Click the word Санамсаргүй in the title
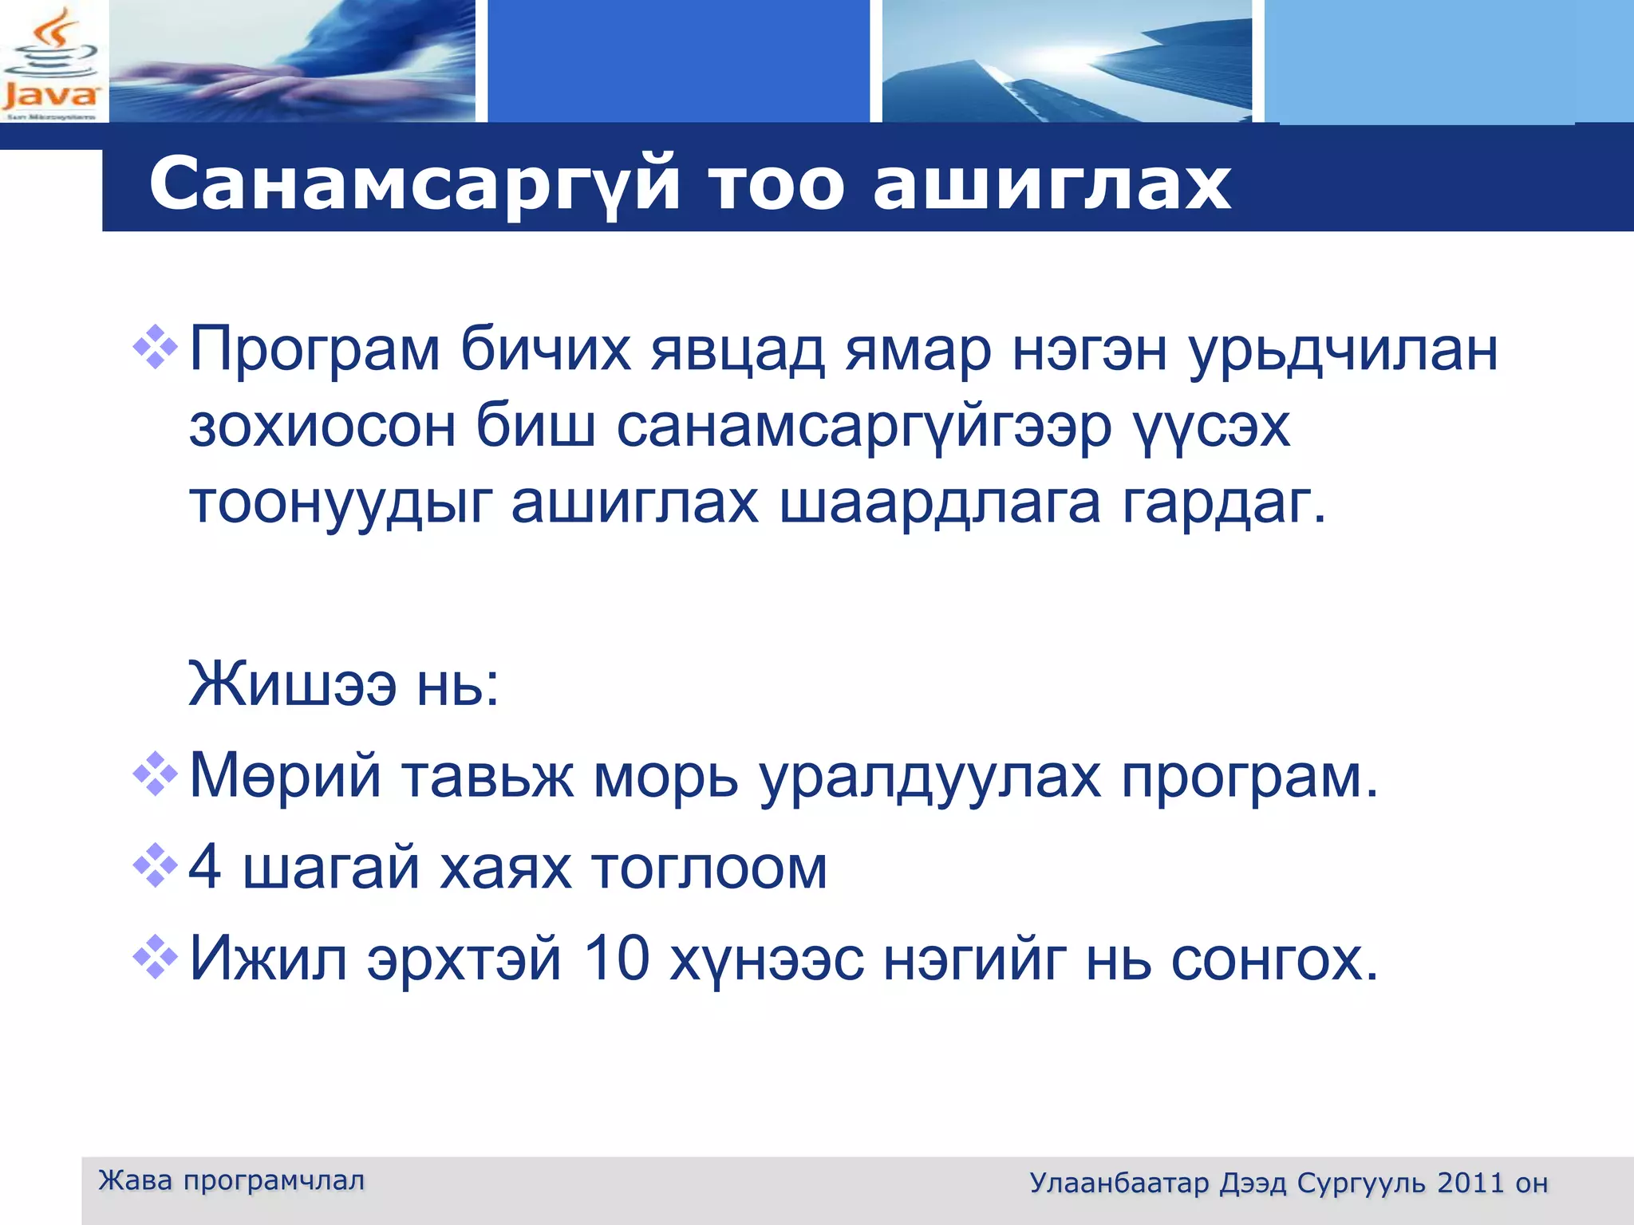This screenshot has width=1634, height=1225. [x=414, y=185]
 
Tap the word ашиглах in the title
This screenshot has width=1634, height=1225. [x=1052, y=185]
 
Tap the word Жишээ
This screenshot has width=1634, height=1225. [x=292, y=684]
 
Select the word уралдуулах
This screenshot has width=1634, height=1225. [x=930, y=777]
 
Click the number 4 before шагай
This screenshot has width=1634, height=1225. [x=205, y=867]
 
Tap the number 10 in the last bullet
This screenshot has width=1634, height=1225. [x=617, y=958]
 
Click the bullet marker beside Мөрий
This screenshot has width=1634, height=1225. [x=155, y=774]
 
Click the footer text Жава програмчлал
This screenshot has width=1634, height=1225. [x=231, y=1180]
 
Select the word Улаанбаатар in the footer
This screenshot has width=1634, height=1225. [x=1119, y=1183]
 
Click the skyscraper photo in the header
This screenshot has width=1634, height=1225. [x=1067, y=62]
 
